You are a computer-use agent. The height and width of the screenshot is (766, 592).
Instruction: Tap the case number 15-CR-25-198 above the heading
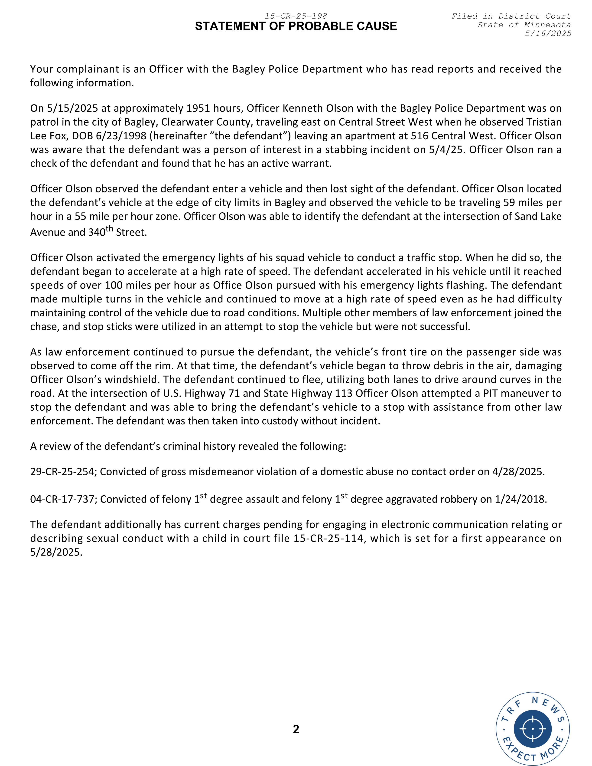click(x=296, y=16)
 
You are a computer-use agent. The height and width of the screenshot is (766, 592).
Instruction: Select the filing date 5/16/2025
click(x=548, y=33)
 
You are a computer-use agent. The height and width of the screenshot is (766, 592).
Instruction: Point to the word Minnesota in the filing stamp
click(x=547, y=25)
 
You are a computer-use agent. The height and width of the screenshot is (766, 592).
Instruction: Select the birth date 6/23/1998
click(x=121, y=136)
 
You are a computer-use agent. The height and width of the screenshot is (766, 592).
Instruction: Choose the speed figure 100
click(x=114, y=285)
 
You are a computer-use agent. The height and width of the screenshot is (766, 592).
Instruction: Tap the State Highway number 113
click(x=343, y=393)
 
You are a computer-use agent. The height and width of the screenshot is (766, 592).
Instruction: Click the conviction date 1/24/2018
click(x=520, y=499)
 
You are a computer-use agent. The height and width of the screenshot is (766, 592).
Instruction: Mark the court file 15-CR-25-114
click(x=328, y=538)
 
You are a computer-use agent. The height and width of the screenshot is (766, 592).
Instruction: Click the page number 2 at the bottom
click(x=296, y=729)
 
